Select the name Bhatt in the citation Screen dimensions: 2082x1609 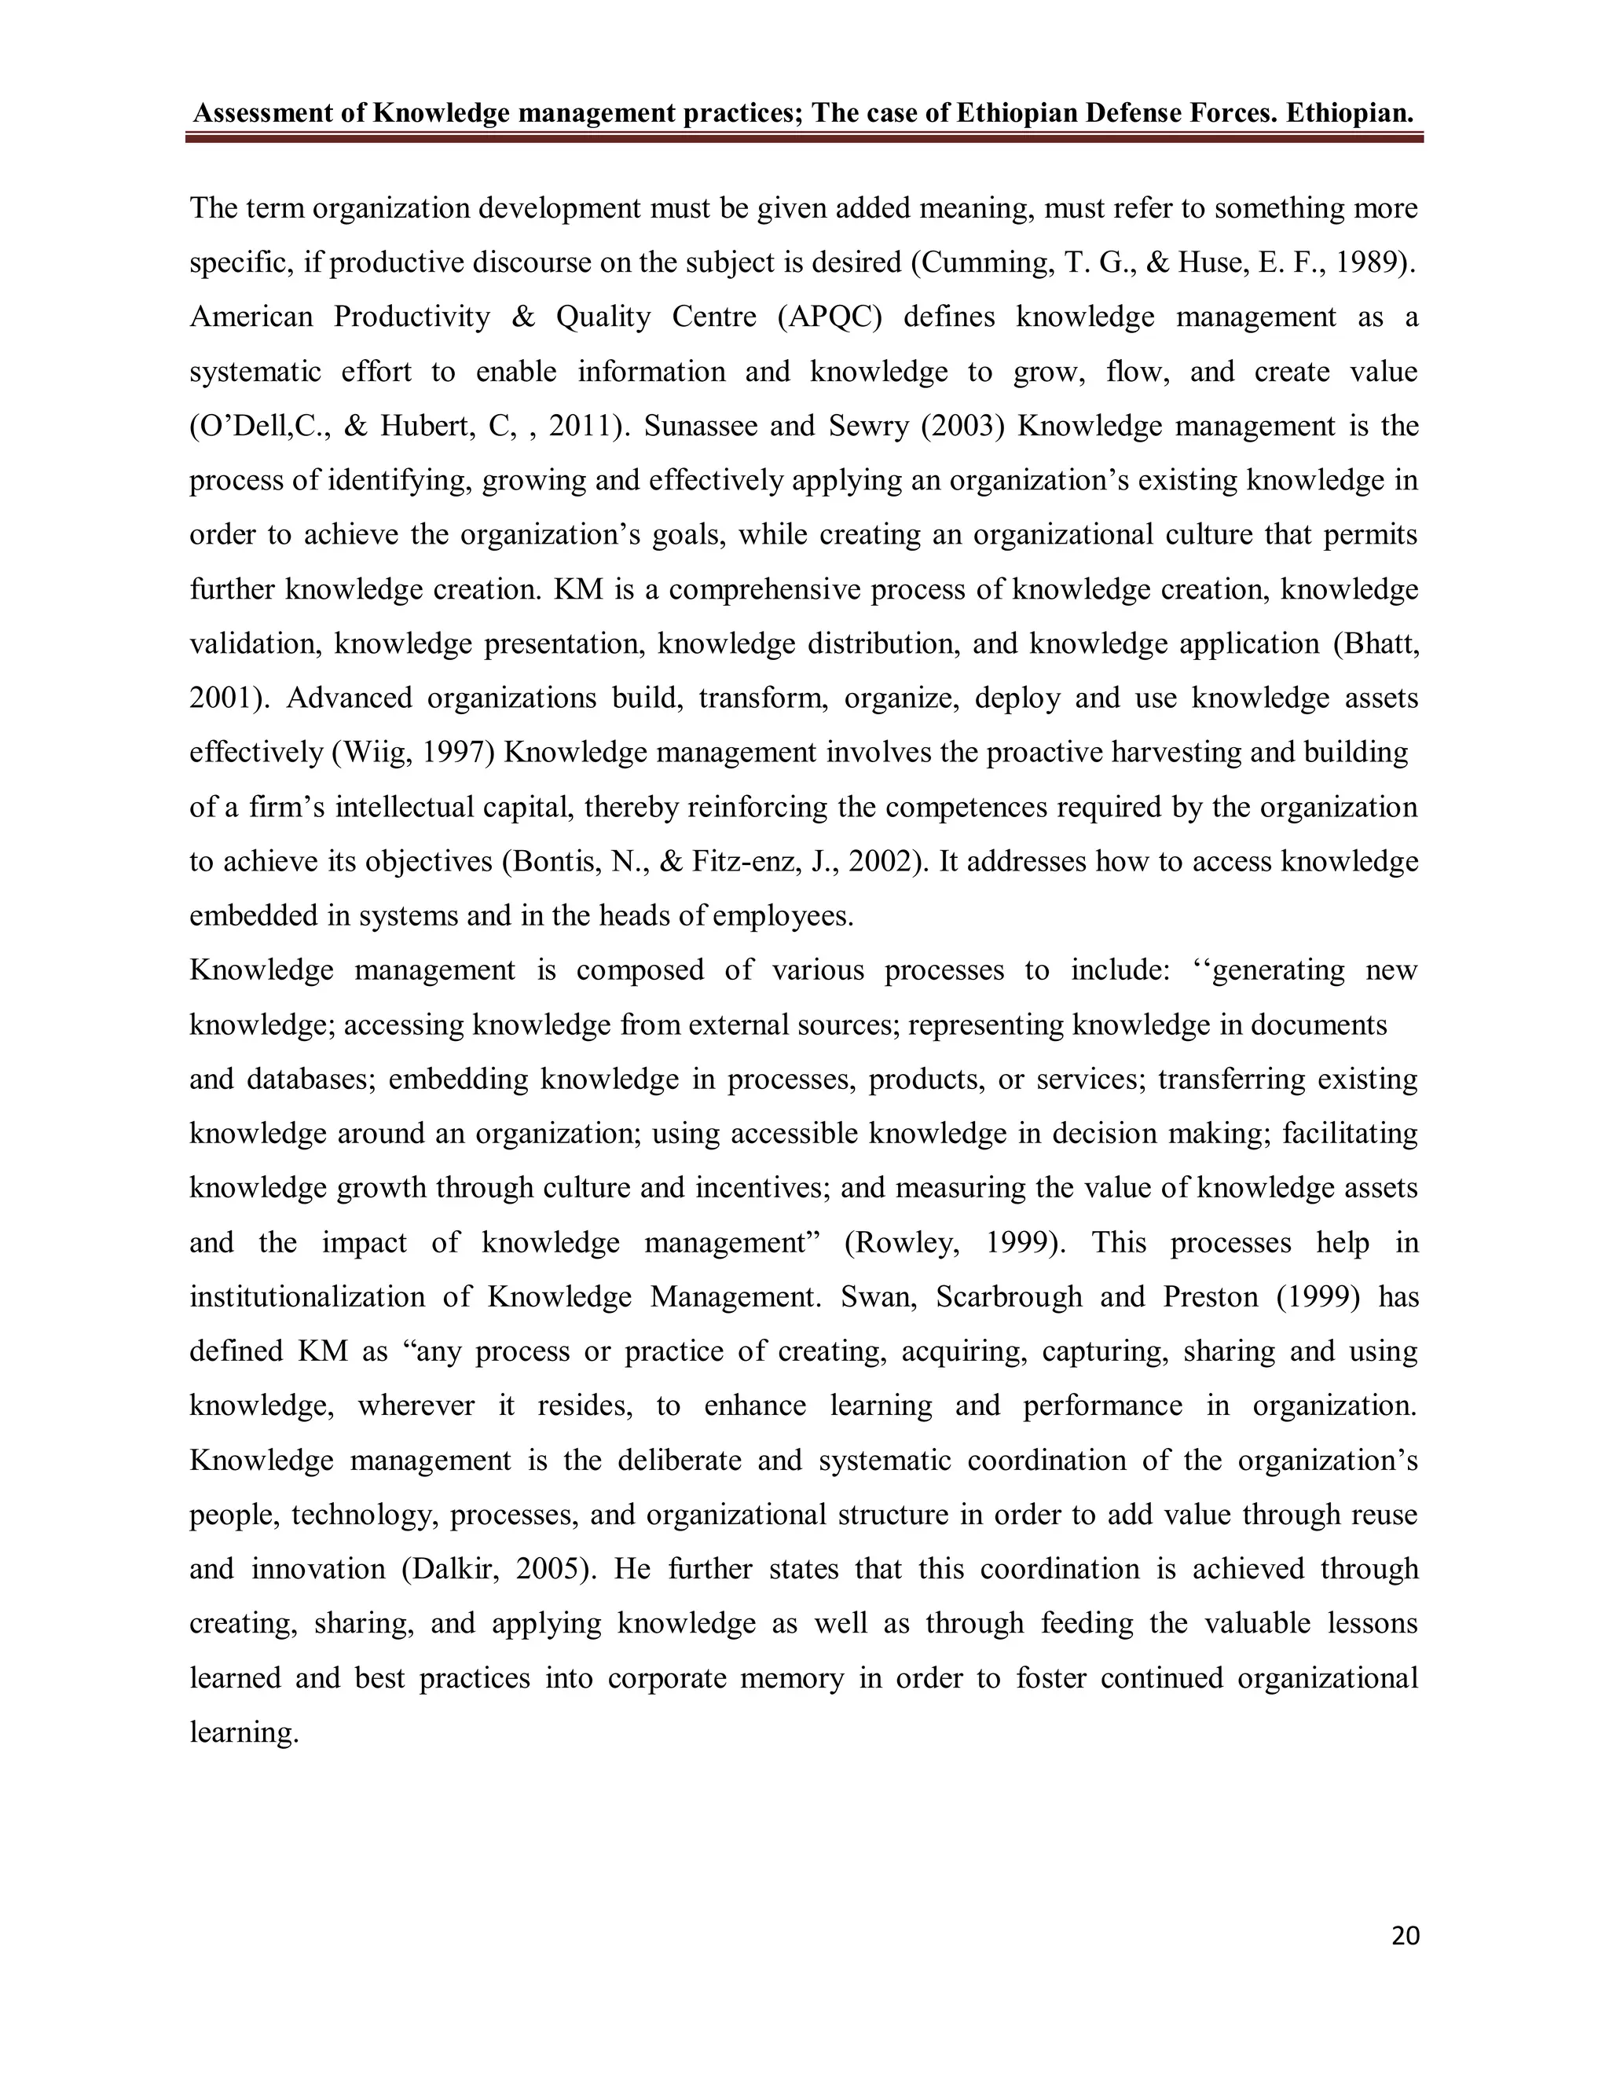tap(1376, 643)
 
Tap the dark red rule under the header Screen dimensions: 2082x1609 tap(804, 138)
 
